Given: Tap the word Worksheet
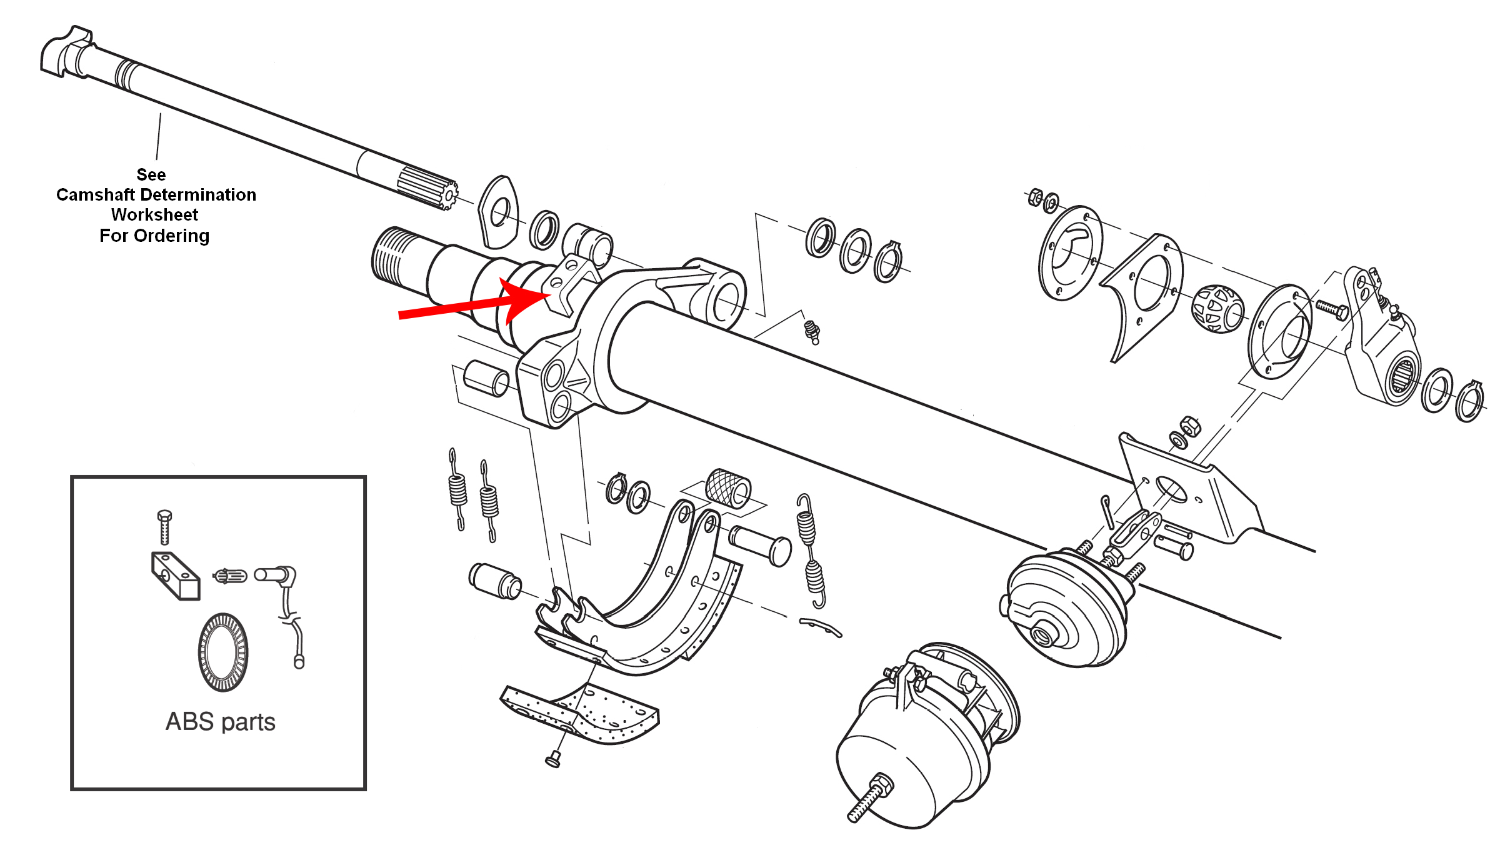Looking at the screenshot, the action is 154,215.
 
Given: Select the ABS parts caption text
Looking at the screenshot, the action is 220,722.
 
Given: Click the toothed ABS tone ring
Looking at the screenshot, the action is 223,652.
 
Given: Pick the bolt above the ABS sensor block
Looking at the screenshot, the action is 164,527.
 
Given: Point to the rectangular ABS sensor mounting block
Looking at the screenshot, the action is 176,576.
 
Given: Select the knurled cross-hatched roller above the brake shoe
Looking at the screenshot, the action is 728,487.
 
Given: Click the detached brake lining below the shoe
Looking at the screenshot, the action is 580,714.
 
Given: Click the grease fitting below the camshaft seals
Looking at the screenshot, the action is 812,332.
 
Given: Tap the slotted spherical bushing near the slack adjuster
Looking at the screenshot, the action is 1217,309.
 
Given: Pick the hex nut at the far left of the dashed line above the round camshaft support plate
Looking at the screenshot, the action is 1034,196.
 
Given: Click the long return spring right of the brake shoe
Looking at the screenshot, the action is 811,550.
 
